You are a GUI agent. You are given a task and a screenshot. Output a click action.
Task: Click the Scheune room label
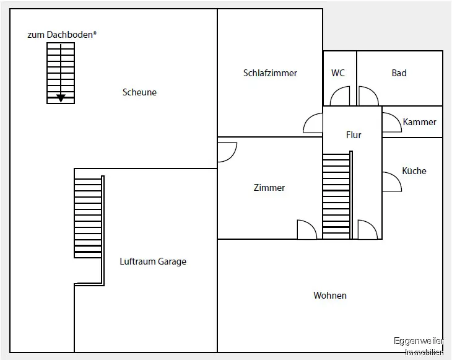(139, 92)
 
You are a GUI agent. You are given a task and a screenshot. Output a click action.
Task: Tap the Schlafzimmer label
(270, 73)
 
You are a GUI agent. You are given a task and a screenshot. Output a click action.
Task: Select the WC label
(338, 73)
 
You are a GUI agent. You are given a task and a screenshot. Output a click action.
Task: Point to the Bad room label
(399, 73)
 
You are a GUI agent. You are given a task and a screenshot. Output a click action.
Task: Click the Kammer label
(420, 122)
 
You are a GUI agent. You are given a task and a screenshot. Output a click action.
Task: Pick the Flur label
(354, 134)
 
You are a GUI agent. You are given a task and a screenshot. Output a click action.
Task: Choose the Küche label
(414, 171)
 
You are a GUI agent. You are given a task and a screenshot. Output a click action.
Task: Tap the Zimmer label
(269, 187)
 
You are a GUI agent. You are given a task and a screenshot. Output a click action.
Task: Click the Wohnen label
(330, 296)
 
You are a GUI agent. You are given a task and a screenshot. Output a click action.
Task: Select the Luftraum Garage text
(153, 261)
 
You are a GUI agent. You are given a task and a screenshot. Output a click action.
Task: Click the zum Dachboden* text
(62, 35)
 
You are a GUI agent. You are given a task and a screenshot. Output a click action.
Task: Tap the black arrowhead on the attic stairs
(61, 98)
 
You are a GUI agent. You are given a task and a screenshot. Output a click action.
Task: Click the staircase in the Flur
(336, 195)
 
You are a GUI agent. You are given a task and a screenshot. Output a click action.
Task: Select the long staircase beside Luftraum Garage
(88, 217)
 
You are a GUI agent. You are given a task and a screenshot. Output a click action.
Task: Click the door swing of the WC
(340, 97)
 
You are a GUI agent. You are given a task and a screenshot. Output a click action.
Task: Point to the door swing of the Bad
(368, 97)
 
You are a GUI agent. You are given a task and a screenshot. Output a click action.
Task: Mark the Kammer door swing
(391, 123)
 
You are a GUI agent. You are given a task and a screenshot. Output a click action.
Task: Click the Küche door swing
(391, 182)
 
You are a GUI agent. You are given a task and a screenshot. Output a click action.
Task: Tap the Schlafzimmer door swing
(313, 124)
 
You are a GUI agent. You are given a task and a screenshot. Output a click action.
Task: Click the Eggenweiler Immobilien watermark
(419, 346)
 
